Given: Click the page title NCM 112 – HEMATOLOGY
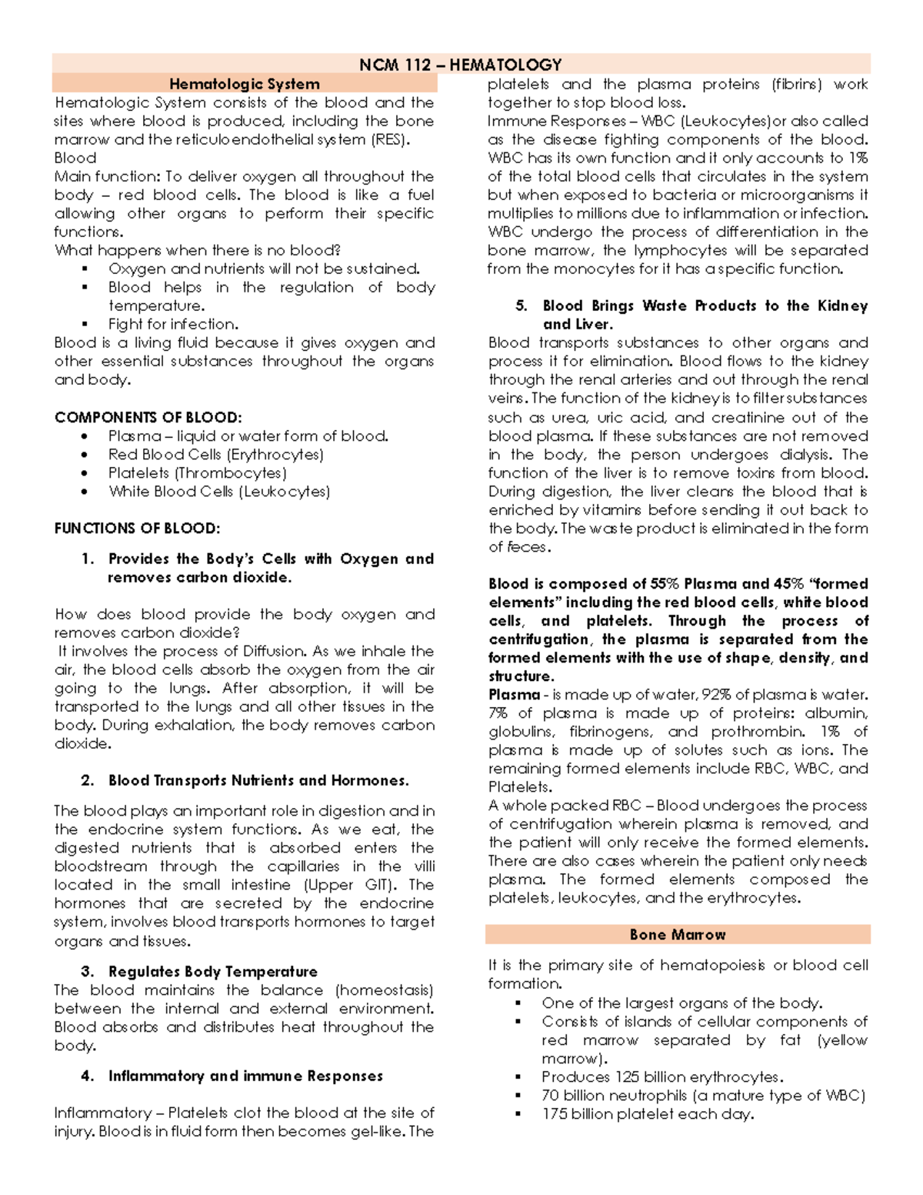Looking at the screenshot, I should tap(460, 65).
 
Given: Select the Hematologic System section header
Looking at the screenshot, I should tap(244, 84).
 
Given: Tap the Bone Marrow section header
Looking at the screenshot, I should tap(677, 934).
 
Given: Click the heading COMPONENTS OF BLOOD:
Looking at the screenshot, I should tap(148, 417).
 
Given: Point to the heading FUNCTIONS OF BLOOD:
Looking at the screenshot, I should tap(137, 528).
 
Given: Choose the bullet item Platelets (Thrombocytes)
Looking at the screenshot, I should tap(197, 472).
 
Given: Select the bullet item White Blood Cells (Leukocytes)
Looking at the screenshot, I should tap(219, 491).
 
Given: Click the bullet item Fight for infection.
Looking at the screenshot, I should tap(173, 324).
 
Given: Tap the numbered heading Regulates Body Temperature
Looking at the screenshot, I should tap(212, 971).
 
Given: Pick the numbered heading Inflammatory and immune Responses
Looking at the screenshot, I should tap(245, 1076).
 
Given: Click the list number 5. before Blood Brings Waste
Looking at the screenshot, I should tap(521, 305).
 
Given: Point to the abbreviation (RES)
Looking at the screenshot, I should tap(390, 139).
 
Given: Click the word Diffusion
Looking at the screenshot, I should tap(275, 651).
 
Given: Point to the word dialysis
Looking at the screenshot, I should tap(805, 454).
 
